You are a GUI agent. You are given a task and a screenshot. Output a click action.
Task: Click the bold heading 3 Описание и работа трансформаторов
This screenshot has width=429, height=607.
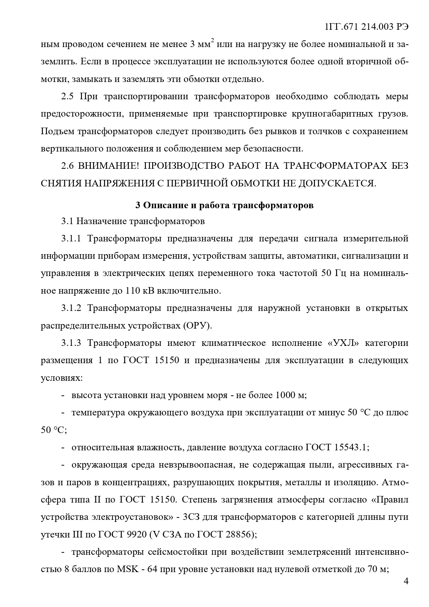pos(224,205)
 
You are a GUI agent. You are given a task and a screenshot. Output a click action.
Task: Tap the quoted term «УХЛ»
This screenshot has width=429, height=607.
pos(343,343)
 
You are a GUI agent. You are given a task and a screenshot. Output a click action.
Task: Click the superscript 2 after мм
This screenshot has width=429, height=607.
pos(213,42)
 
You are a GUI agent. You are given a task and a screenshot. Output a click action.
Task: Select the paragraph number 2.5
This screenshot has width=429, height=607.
pos(67,96)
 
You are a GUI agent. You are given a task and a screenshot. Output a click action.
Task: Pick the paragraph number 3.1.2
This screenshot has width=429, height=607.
pos(71,308)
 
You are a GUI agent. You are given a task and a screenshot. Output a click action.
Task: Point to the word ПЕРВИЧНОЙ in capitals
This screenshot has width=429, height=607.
pos(197,183)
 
